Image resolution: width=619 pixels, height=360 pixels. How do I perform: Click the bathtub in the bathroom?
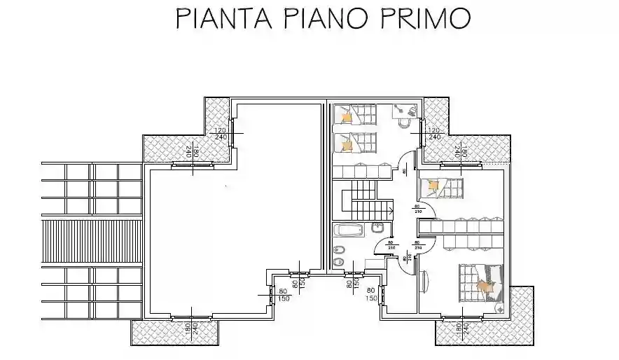(349, 230)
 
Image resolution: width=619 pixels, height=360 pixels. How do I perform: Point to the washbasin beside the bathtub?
(377, 228)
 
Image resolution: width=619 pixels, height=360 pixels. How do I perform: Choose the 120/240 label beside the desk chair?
(433, 133)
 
